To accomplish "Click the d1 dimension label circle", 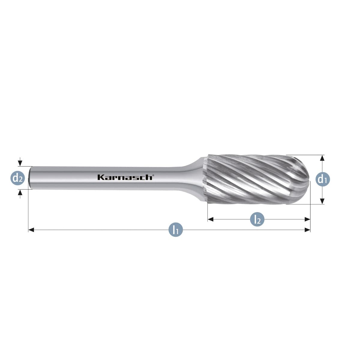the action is pos(322,179).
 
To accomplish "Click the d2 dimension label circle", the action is pos(18,178).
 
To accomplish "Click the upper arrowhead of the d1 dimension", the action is pos(322,158).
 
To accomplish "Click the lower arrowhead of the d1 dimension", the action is pos(322,201).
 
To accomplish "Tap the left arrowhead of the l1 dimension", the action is pos(31,230).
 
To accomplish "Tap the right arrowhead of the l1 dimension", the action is pos(307,230).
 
